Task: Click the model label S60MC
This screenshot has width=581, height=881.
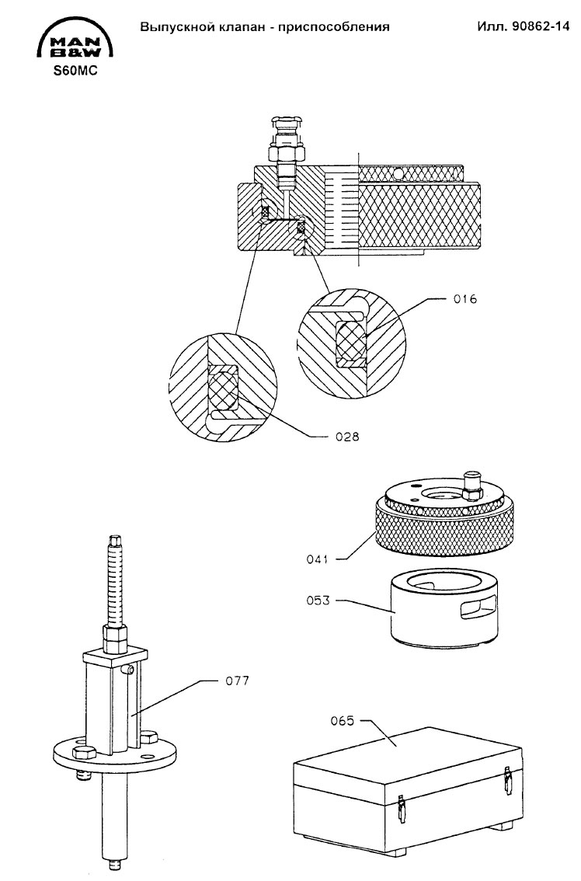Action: tap(75, 71)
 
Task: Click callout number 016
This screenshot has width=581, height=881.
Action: tap(465, 299)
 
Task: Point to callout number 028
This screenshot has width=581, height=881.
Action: tap(347, 437)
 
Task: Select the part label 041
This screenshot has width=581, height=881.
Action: tap(318, 559)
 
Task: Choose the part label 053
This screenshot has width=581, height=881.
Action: tap(318, 601)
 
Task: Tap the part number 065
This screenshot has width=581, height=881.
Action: tap(343, 721)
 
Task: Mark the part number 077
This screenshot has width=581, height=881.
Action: tap(237, 681)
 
